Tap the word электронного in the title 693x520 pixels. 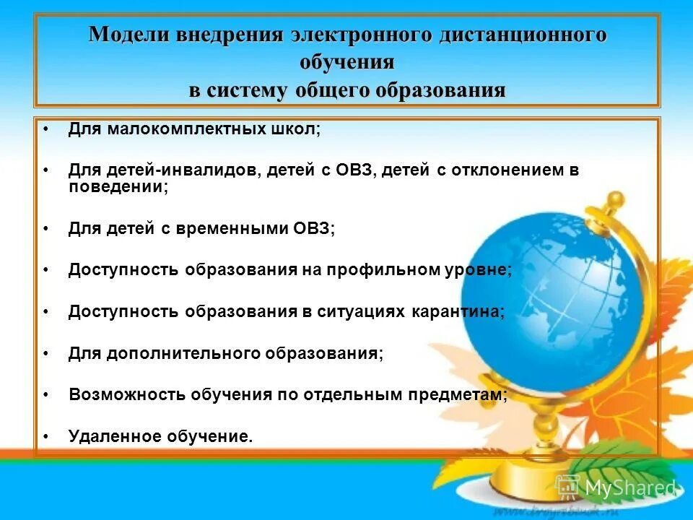point(362,35)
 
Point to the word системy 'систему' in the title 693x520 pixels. point(248,90)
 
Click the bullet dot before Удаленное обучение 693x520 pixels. point(45,437)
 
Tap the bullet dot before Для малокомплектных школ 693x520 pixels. point(45,130)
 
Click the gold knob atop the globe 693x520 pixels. point(615,199)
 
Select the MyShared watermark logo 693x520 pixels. point(616,487)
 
